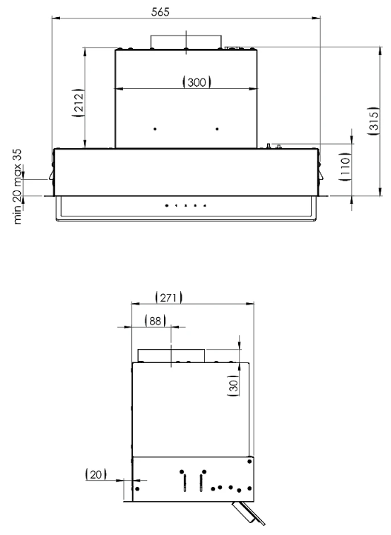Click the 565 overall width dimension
pos(160,12)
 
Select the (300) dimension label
pos(197,82)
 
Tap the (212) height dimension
pos(79,103)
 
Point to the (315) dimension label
pos(374,121)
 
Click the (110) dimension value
pos(346,167)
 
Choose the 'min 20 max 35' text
pos(17,186)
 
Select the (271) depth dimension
pos(168,297)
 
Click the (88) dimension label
pos(155,321)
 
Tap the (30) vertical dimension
pos(233,386)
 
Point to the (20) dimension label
pos(96,474)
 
